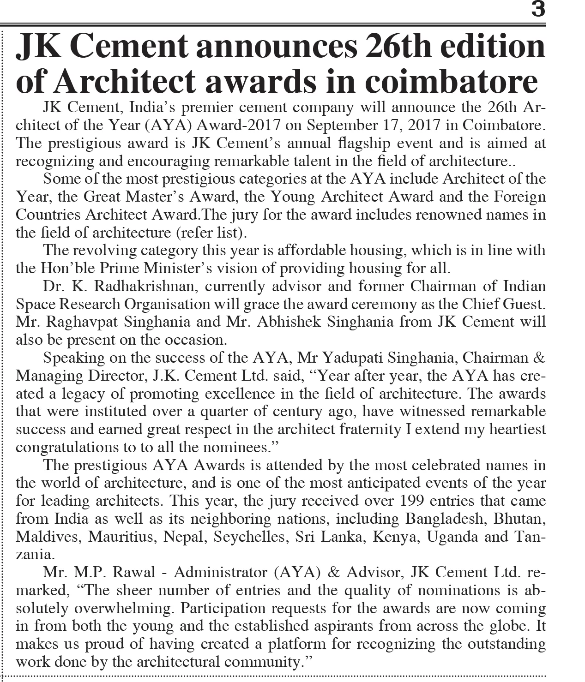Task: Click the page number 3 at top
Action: [x=538, y=9]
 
